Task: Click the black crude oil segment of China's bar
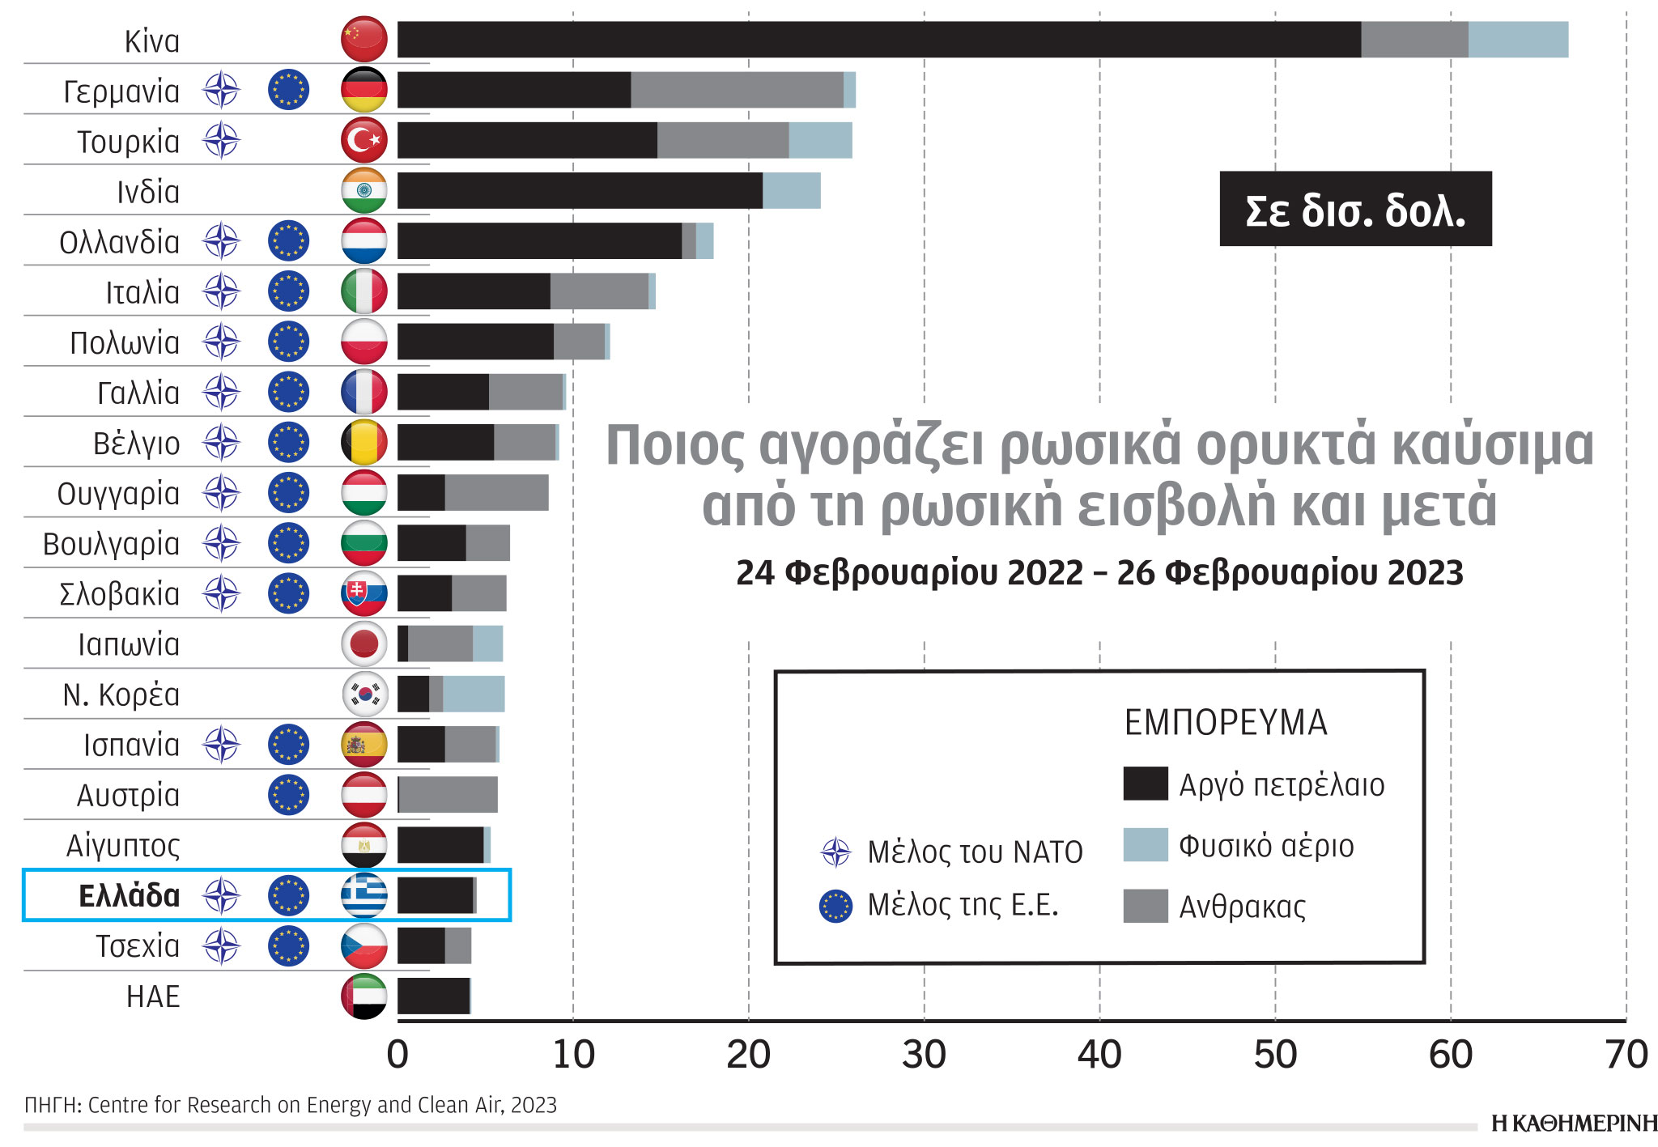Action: [878, 40]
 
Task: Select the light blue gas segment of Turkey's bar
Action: [820, 140]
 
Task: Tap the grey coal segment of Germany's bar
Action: [737, 90]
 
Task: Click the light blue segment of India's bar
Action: [791, 190]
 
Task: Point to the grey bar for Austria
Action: [449, 794]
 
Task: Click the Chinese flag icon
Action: [363, 39]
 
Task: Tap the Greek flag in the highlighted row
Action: [363, 895]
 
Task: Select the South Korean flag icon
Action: [363, 694]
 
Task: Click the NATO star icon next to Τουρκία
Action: [221, 140]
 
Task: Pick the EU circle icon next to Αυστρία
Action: [288, 794]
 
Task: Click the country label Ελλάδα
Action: [129, 896]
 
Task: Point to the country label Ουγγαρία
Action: [118, 493]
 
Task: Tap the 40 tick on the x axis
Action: [1099, 1055]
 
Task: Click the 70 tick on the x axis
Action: [1626, 1055]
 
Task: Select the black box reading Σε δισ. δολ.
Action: [1355, 209]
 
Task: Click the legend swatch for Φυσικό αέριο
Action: [1145, 845]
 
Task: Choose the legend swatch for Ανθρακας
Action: [1145, 906]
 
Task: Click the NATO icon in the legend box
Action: [835, 852]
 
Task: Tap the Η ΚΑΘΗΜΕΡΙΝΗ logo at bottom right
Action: [1574, 1124]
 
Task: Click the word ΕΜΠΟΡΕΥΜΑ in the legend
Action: [1226, 722]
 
